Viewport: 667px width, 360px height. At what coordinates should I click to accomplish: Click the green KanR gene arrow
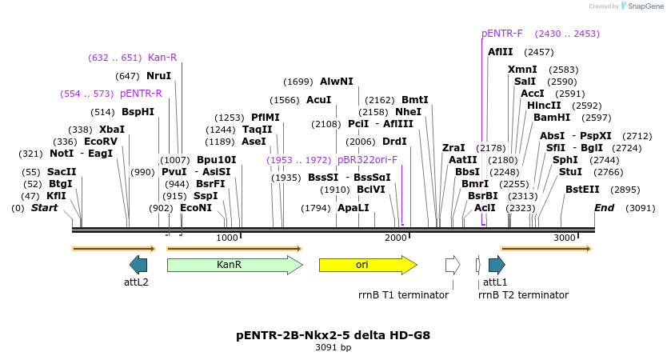click(x=234, y=265)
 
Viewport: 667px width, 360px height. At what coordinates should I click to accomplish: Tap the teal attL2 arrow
click(x=138, y=265)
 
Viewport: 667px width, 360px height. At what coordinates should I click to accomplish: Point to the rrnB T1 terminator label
click(x=403, y=294)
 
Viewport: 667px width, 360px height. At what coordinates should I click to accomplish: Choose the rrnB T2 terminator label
click(x=523, y=294)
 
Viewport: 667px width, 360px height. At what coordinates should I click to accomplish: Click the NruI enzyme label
click(x=158, y=76)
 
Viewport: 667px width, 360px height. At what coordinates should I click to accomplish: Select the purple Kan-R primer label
click(x=162, y=58)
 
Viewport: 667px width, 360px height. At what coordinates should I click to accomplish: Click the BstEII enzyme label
click(x=582, y=190)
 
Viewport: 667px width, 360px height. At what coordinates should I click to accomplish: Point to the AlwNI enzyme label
click(x=336, y=82)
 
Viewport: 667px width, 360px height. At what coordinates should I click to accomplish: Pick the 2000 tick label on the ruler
click(x=396, y=238)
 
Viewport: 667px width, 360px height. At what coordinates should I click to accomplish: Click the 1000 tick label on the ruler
click(x=227, y=238)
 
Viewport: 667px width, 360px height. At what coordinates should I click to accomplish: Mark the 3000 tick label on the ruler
click(x=565, y=238)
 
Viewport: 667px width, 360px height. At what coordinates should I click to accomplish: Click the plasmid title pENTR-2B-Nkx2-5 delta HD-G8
click(x=333, y=334)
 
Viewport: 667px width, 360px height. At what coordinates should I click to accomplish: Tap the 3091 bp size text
click(x=333, y=347)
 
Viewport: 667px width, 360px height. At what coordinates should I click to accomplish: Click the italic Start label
click(x=45, y=208)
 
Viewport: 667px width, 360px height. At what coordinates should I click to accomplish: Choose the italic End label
click(x=604, y=208)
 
